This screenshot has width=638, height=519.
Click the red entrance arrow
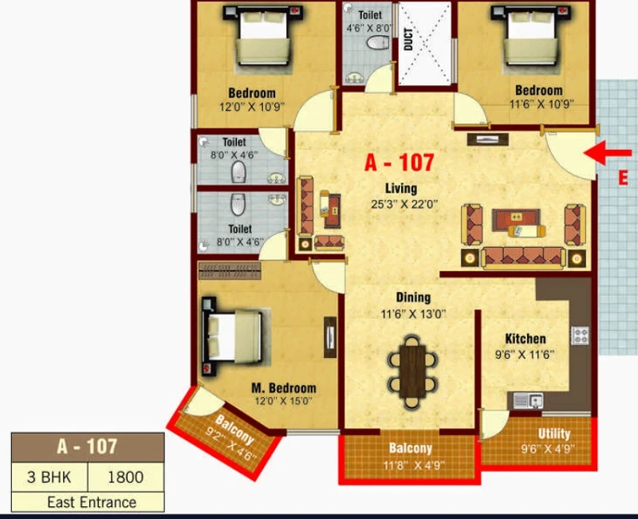(608, 153)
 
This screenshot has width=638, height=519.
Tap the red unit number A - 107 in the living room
(400, 163)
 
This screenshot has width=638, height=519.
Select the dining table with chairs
(412, 372)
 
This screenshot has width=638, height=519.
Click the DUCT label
(408, 39)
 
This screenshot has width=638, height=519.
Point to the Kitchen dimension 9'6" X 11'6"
(525, 355)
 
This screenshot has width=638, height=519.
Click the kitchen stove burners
(580, 336)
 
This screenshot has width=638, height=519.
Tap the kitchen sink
(528, 401)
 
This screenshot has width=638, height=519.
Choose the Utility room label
(553, 434)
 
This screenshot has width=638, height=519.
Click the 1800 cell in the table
(125, 477)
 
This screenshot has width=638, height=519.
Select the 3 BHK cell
(49, 477)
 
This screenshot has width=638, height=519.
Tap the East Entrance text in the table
(92, 502)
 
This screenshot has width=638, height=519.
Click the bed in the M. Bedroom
(232, 336)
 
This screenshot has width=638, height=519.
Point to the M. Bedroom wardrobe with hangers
(230, 271)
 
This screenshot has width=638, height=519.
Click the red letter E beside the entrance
(623, 178)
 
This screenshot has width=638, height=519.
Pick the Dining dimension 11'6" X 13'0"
(413, 314)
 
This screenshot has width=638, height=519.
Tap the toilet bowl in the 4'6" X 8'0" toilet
(377, 42)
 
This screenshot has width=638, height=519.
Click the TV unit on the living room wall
(487, 140)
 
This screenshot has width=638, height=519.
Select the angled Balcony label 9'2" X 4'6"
(231, 437)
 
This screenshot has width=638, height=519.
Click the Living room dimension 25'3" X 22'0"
(404, 204)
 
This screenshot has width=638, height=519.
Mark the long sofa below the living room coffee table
(523, 258)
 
